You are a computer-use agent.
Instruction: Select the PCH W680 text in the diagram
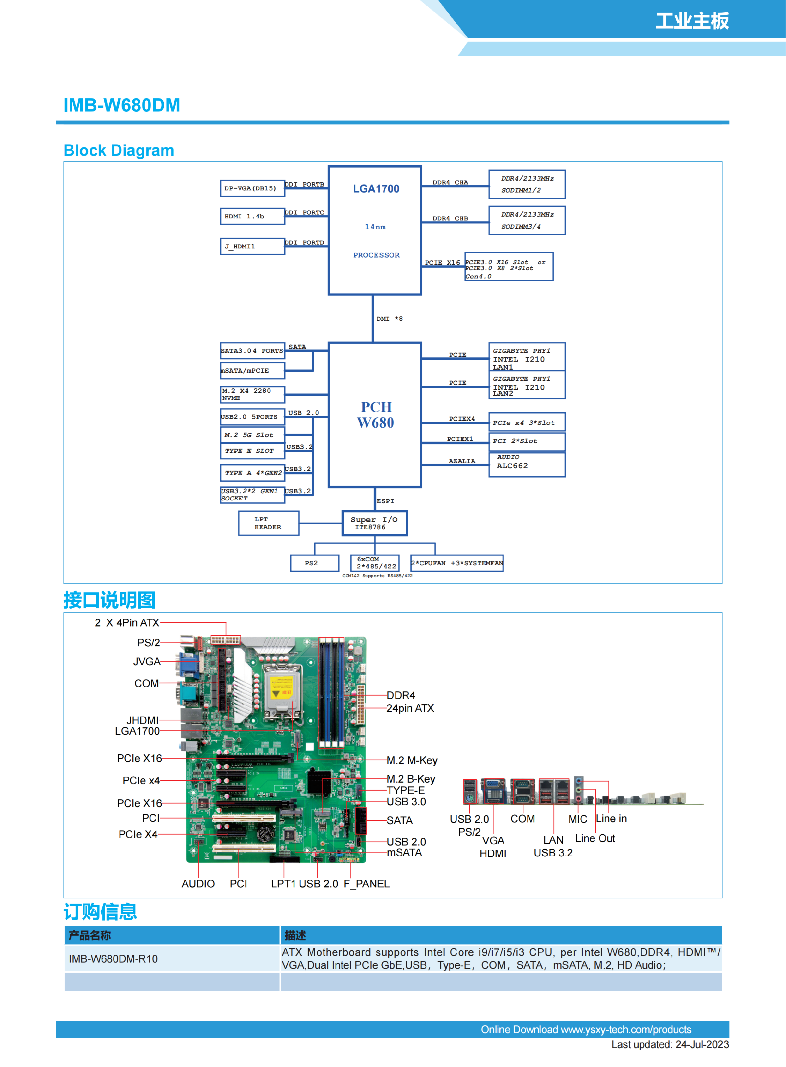(376, 415)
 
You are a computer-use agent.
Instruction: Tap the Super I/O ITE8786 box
(374, 523)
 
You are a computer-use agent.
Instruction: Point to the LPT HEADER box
(269, 523)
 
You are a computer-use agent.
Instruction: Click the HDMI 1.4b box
(252, 216)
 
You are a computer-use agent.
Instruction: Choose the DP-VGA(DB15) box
(252, 188)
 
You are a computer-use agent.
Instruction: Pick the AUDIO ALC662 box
(527, 464)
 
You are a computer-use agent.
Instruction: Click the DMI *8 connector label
(389, 319)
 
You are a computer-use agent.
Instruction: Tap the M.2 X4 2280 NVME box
(252, 394)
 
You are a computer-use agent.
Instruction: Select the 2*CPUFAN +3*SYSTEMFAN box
(457, 563)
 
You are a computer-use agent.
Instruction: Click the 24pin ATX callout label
(410, 708)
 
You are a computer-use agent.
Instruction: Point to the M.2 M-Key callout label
(412, 760)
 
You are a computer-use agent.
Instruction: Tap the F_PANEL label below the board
(366, 884)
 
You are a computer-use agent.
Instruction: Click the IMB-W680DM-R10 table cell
(113, 958)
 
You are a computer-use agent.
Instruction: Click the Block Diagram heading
(119, 151)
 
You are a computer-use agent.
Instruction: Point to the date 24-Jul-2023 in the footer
(702, 1045)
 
